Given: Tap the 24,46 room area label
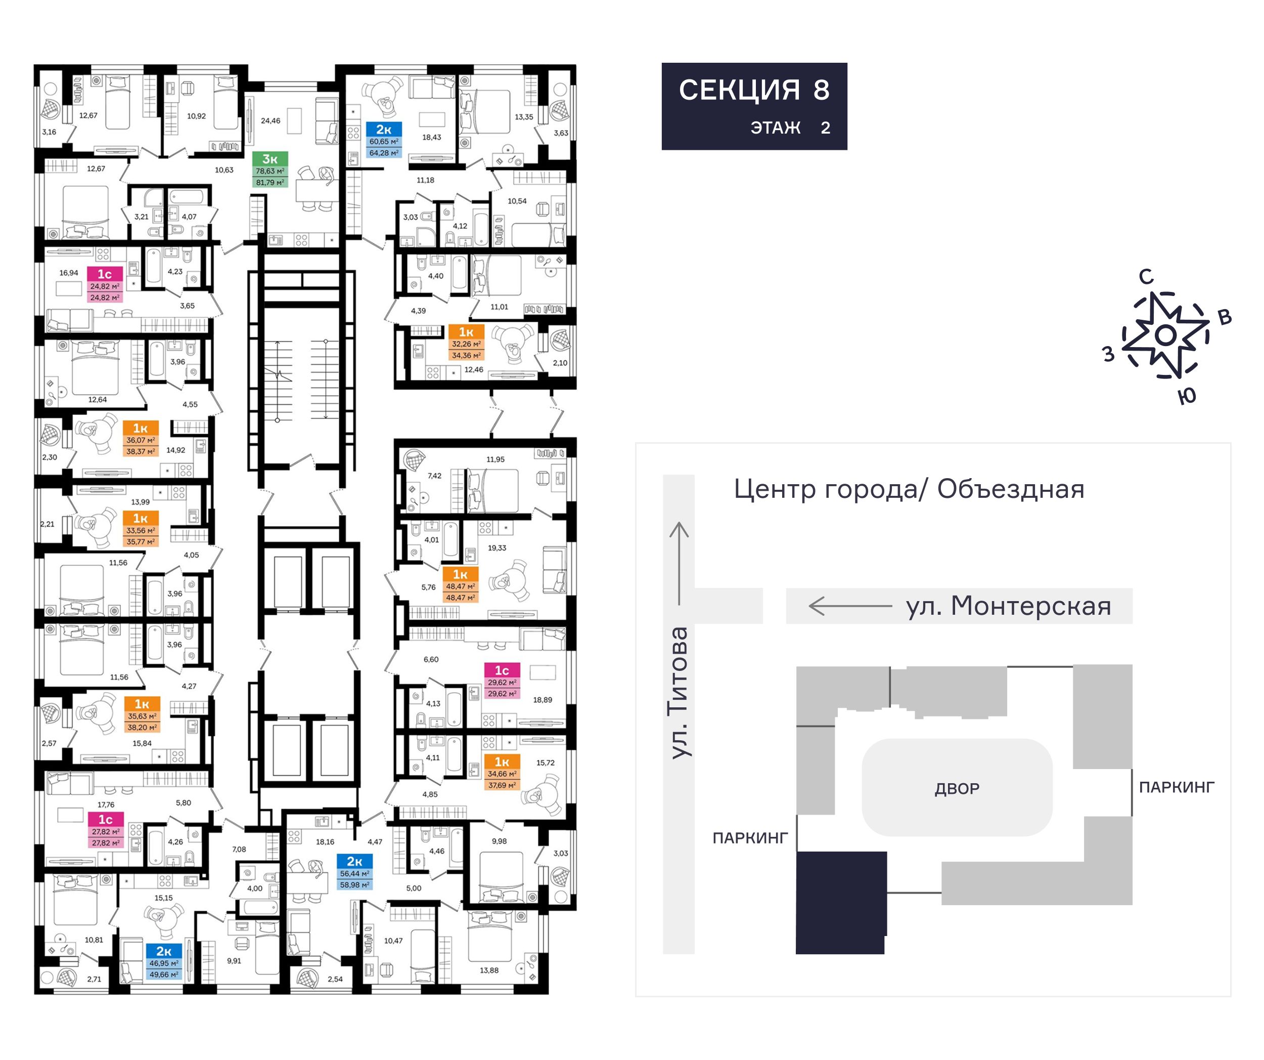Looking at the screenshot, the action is pyautogui.click(x=270, y=120).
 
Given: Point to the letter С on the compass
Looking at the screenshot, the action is pyautogui.click(x=1146, y=276).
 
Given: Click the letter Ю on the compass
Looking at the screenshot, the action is pyautogui.click(x=1187, y=396).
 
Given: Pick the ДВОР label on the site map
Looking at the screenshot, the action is pyautogui.click(x=957, y=788).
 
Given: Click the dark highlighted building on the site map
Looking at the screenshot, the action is pyautogui.click(x=841, y=902).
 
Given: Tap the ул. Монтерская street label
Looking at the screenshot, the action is pyautogui.click(x=1008, y=606).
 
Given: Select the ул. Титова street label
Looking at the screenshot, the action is pyautogui.click(x=679, y=693).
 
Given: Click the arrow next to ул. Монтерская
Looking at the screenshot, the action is pyautogui.click(x=850, y=606).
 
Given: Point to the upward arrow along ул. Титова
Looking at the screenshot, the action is pyautogui.click(x=679, y=563).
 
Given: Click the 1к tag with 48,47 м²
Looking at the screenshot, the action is pyautogui.click(x=461, y=575).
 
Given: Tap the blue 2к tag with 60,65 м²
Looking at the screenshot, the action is pyautogui.click(x=383, y=130).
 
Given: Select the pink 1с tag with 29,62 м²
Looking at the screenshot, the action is pyautogui.click(x=502, y=670).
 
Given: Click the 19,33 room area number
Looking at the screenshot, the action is pyautogui.click(x=497, y=548).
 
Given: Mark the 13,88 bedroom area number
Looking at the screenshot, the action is pyautogui.click(x=489, y=970).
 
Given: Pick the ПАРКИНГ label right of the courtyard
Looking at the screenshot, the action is pyautogui.click(x=1177, y=787).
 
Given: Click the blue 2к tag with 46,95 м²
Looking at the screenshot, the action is pyautogui.click(x=164, y=951).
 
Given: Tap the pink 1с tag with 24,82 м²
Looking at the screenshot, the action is pyautogui.click(x=105, y=274).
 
